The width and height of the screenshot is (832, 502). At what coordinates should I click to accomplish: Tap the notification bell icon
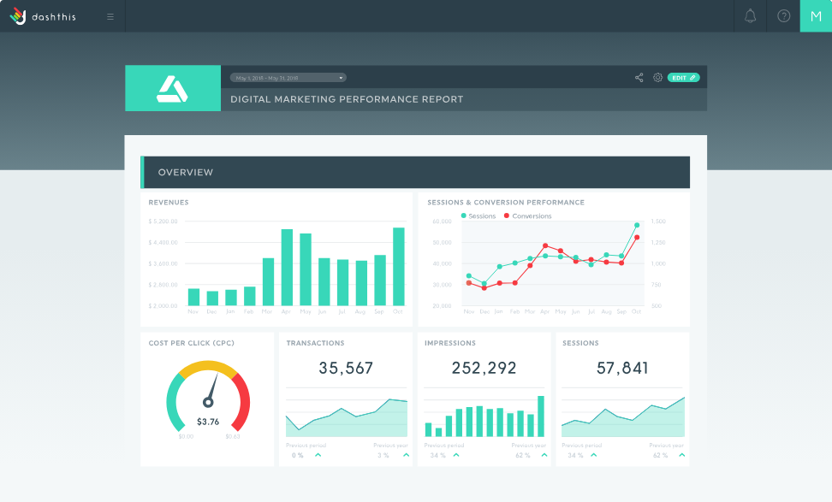pyautogui.click(x=751, y=16)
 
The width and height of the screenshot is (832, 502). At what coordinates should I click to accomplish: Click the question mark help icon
pyautogui.click(x=783, y=16)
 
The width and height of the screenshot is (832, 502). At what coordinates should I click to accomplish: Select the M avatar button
pyautogui.click(x=815, y=16)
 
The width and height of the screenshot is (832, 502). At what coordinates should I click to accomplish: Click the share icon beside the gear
pyautogui.click(x=639, y=78)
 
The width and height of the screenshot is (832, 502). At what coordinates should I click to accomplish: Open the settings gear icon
pyautogui.click(x=657, y=78)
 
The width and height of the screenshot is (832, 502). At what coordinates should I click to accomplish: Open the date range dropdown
pyautogui.click(x=288, y=78)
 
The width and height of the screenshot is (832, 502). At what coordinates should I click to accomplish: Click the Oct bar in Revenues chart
pyautogui.click(x=398, y=266)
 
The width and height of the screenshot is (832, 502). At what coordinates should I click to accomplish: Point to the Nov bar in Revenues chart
pyautogui.click(x=193, y=297)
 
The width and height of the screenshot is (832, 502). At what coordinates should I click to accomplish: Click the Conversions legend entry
pyautogui.click(x=528, y=216)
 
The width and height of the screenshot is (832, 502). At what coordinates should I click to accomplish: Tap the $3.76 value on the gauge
pyautogui.click(x=208, y=422)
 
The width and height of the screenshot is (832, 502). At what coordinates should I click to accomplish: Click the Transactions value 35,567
pyautogui.click(x=346, y=369)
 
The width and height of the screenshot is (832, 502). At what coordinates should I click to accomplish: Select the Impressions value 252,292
pyautogui.click(x=484, y=369)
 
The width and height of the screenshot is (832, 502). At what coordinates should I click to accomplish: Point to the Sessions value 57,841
pyautogui.click(x=622, y=369)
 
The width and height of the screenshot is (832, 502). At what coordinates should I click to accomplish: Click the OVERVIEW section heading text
pyautogui.click(x=186, y=173)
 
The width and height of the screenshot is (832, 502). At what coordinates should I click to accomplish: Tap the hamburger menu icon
pyautogui.click(x=110, y=16)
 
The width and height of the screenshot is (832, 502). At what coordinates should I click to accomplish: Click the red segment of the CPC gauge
pyautogui.click(x=243, y=402)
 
